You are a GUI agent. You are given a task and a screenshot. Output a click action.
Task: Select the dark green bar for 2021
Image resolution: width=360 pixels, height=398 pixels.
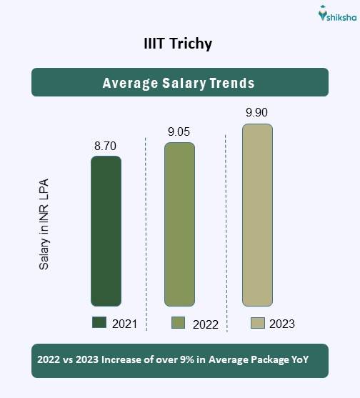pyautogui.click(x=106, y=231)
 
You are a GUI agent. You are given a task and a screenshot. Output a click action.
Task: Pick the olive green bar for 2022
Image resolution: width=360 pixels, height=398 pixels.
pyautogui.click(x=179, y=224)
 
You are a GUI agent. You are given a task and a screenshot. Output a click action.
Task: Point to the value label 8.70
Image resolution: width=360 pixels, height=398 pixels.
pyautogui.click(x=105, y=146)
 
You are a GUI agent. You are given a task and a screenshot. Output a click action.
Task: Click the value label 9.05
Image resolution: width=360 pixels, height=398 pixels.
pyautogui.click(x=179, y=132)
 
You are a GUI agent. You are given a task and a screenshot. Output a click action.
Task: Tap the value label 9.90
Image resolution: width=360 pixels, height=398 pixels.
pyautogui.click(x=257, y=113)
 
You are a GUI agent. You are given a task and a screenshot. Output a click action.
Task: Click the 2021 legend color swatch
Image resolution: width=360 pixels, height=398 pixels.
pyautogui.click(x=99, y=323)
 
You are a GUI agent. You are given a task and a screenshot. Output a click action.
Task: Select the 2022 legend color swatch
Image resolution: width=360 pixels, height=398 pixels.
pyautogui.click(x=179, y=323)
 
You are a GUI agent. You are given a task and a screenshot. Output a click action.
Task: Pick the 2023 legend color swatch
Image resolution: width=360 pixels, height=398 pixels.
pyautogui.click(x=258, y=323)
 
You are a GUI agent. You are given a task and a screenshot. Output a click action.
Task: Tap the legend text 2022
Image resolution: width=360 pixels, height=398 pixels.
pyautogui.click(x=205, y=324)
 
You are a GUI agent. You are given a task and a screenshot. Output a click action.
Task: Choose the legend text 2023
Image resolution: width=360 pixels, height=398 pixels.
pyautogui.click(x=281, y=324)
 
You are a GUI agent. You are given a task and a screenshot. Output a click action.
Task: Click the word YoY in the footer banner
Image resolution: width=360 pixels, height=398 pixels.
pyautogui.click(x=299, y=361)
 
